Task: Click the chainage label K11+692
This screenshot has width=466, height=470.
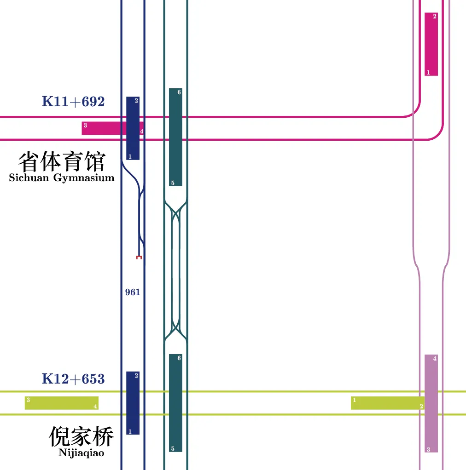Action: pyautogui.click(x=73, y=102)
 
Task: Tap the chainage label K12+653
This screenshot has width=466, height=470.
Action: pyautogui.click(x=73, y=379)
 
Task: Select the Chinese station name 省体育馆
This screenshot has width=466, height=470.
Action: pyautogui.click(x=62, y=161)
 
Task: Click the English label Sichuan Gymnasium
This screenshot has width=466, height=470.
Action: pyautogui.click(x=62, y=178)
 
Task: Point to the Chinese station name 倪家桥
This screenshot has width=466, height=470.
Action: pyautogui.click(x=81, y=436)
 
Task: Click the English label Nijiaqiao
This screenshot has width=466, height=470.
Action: pyautogui.click(x=81, y=453)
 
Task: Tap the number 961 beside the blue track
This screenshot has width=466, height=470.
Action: pyautogui.click(x=133, y=292)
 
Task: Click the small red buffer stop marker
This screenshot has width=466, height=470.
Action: pyautogui.click(x=139, y=258)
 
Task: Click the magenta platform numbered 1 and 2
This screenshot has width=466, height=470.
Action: pyautogui.click(x=431, y=44)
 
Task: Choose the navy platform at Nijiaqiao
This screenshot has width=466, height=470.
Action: pyautogui.click(x=133, y=403)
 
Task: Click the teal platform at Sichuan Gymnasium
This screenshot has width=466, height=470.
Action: pyautogui.click(x=175, y=137)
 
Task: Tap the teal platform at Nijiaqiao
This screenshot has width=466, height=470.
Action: pyautogui.click(x=175, y=403)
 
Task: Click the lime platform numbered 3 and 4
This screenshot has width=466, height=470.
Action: pyautogui.click(x=62, y=403)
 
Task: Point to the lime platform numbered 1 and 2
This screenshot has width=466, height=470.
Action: pyautogui.click(x=387, y=403)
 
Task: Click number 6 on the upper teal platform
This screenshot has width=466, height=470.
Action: pyautogui.click(x=179, y=92)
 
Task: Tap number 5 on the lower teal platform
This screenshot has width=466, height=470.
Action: pyautogui.click(x=173, y=449)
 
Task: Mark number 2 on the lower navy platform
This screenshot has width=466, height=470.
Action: pyautogui.click(x=136, y=376)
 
